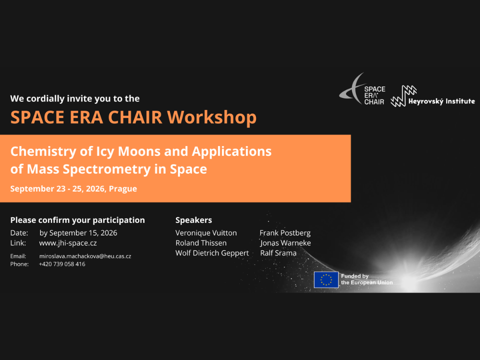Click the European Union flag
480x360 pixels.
point(326,280)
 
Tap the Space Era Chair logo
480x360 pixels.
point(362,89)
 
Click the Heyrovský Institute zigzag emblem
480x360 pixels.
point(403,96)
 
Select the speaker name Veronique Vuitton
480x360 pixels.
point(206,233)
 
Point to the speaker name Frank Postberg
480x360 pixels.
point(285,233)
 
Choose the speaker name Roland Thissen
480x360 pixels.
point(201,243)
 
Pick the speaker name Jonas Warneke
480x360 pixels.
point(285,243)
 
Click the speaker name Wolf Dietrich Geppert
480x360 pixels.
point(212,253)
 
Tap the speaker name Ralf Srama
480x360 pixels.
point(278,253)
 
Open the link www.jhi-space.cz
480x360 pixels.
point(68,243)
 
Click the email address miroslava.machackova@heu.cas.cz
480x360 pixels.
point(85,256)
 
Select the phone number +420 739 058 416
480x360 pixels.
point(62,264)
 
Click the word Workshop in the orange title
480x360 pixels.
point(212,117)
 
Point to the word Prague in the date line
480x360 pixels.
point(123,189)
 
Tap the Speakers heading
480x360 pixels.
point(194,220)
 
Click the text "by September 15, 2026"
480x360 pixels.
point(78,233)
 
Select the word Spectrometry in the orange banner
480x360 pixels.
point(106,169)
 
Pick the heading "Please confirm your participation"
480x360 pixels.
point(78,220)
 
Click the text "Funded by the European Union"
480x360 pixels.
point(366,279)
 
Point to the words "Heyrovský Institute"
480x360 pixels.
point(441,101)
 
